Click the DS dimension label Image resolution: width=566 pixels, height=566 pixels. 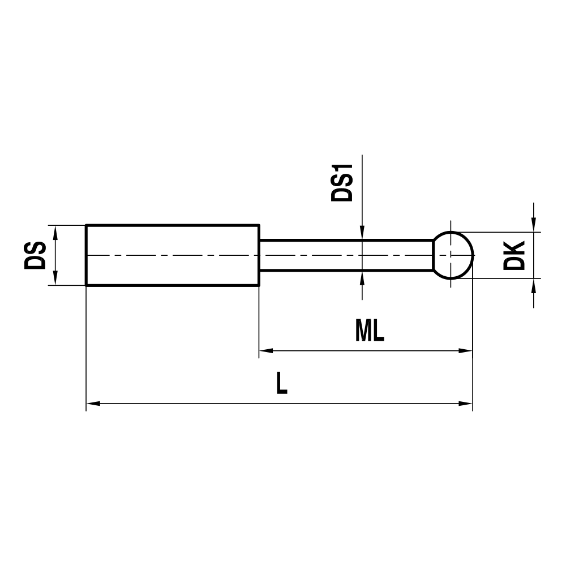point(35,255)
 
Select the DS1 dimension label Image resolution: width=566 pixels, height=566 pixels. point(342,182)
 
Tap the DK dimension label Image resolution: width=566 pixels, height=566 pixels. point(515,255)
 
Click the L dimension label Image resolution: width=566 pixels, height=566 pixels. point(281,384)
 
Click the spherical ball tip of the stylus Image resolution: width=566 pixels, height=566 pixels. point(453,255)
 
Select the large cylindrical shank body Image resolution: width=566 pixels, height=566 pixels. point(173,255)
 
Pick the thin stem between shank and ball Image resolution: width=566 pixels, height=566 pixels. point(345,255)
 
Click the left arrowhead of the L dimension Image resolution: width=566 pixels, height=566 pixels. point(92,404)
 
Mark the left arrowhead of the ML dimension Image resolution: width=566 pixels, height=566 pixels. point(265,351)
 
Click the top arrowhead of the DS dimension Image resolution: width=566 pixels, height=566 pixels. point(55,231)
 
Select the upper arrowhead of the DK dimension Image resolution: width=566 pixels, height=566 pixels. point(533,225)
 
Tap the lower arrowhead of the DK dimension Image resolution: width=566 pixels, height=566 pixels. point(533,285)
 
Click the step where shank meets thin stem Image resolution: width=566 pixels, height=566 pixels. point(259,255)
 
